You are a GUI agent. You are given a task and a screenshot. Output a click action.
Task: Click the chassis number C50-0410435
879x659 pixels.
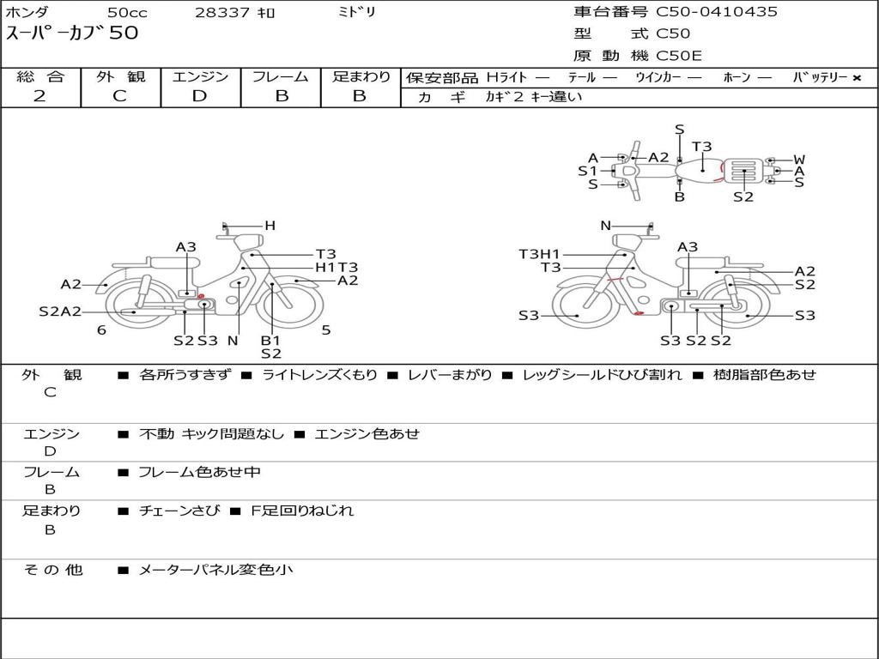[x=717, y=12]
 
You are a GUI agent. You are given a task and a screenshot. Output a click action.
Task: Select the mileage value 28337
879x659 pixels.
[x=222, y=13]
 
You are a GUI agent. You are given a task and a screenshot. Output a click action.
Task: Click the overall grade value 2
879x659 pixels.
[x=39, y=96]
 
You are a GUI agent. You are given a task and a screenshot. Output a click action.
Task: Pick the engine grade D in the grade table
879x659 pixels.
[x=200, y=96]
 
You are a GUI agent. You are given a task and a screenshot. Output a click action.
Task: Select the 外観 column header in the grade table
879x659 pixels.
[x=120, y=77]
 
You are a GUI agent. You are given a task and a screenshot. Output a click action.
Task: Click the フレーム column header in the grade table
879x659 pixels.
[x=281, y=77]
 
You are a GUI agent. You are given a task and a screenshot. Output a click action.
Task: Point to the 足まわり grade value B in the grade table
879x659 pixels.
[x=360, y=96]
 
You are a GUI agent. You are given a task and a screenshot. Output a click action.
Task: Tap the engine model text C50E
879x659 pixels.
[x=679, y=56]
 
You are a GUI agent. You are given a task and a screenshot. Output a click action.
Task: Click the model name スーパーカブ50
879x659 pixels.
[x=72, y=33]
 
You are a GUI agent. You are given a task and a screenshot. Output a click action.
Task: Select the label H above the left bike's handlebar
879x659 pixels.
[x=270, y=226]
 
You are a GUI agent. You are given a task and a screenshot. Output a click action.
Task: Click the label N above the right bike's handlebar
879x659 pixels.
[x=605, y=226]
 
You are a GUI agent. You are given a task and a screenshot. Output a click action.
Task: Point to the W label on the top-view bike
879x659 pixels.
[x=799, y=160]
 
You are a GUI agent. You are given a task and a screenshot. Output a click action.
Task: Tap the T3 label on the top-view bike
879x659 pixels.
[x=702, y=147]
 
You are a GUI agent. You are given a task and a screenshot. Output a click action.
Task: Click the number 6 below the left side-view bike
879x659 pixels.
[x=101, y=330]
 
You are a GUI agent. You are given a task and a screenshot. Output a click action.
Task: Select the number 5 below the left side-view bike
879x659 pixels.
[x=326, y=330]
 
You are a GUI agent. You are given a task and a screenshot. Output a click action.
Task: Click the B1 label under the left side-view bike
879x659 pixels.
[x=270, y=341]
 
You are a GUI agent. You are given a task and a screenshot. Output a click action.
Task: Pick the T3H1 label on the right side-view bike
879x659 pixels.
[x=539, y=254]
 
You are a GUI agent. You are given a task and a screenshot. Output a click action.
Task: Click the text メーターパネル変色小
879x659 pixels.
[x=215, y=569]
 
